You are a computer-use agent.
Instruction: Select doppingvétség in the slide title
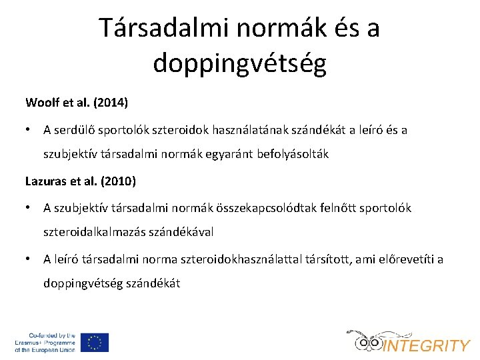239,63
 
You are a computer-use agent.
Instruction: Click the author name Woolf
42,103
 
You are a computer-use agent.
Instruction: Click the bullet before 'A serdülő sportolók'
29,130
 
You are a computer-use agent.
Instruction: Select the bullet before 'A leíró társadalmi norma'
29,259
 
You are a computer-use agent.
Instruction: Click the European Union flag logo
95,342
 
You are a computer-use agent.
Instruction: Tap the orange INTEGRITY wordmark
427,345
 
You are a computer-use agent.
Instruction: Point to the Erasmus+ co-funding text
45,342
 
